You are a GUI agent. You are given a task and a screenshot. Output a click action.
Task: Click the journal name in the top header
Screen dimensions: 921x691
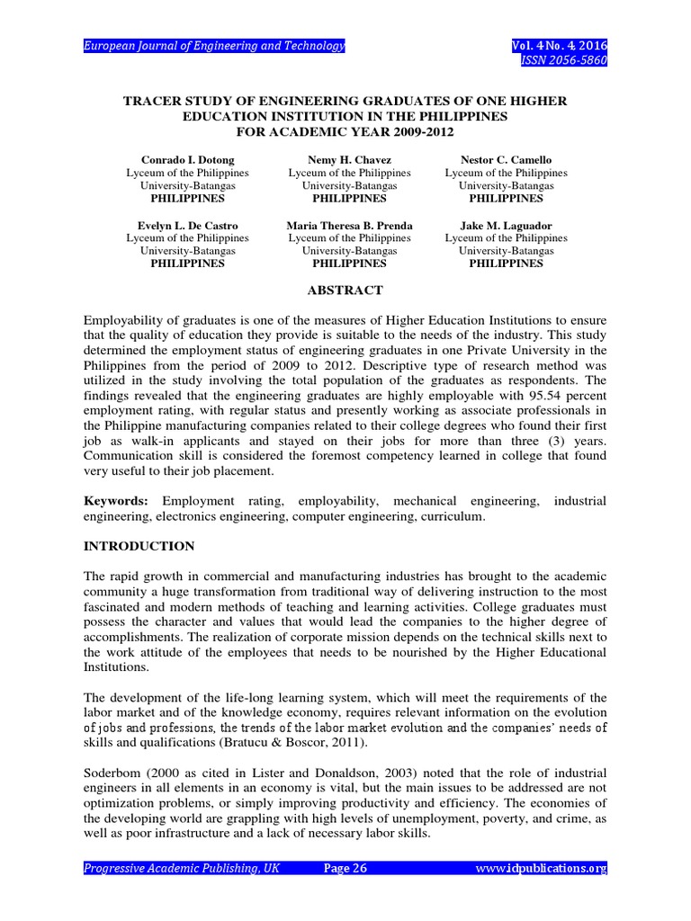pos(214,46)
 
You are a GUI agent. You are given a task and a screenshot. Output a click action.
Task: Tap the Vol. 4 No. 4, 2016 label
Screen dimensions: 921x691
pos(559,46)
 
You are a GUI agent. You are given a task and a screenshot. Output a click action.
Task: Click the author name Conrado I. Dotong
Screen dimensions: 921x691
pos(187,159)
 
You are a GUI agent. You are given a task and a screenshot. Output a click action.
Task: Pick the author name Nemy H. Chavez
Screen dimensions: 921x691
pos(349,159)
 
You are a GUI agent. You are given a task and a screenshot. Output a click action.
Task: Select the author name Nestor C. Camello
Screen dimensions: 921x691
pos(506,159)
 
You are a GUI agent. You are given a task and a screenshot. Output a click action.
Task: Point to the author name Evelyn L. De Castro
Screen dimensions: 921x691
pos(187,225)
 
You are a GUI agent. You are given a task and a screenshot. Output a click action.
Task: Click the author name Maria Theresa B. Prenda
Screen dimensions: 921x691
pos(349,225)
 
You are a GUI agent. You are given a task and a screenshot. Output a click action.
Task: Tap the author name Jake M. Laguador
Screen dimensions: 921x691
pos(506,225)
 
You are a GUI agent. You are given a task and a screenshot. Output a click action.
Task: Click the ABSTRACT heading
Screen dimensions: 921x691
pos(345,291)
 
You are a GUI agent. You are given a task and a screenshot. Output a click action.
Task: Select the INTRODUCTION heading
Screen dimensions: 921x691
pos(139,546)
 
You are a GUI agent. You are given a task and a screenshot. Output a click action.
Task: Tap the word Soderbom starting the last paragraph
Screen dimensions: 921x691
pos(112,773)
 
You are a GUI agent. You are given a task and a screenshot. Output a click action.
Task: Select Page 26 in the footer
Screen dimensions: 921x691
pos(345,868)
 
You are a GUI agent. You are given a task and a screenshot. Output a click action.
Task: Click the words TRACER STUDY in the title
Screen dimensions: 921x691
pos(171,102)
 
